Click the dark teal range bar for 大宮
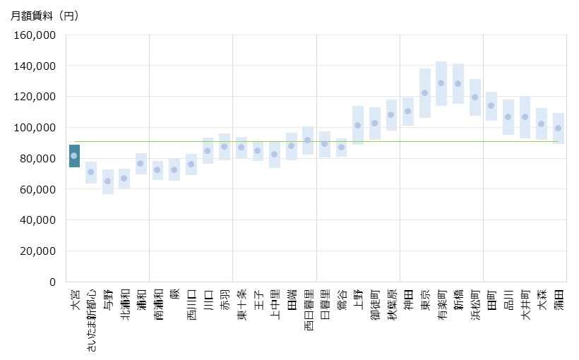74,156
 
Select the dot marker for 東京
425,92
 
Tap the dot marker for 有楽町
441,83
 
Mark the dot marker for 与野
108,181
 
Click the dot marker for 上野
358,125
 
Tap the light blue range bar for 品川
508,117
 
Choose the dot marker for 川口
208,150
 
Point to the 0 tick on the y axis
52,282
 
